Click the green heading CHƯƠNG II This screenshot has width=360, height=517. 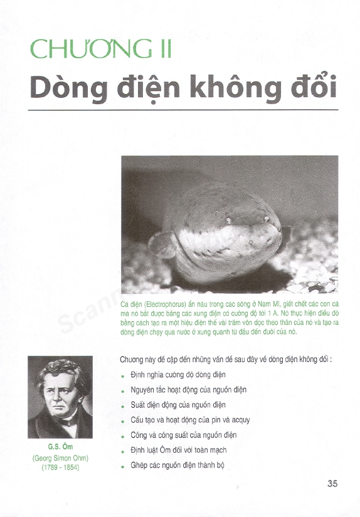[101, 48]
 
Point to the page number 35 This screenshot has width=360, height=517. [332, 483]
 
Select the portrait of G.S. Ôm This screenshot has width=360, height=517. [60, 397]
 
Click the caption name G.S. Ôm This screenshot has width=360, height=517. [60, 448]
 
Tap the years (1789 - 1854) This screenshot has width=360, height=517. [60, 468]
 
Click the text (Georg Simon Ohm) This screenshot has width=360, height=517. [60, 458]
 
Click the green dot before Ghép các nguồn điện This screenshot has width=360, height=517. [123, 466]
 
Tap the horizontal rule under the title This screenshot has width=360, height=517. [183, 110]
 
